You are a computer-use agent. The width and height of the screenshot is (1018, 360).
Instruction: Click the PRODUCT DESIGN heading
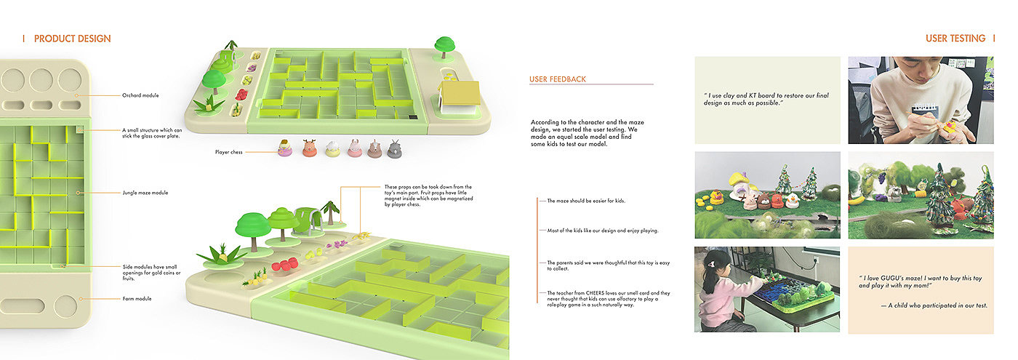point(72,39)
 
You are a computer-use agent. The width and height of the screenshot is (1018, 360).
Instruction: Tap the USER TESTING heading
point(955,39)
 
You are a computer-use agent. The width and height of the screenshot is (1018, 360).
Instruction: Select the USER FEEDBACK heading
point(558,79)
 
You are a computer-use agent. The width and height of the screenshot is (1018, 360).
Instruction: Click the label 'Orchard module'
point(140,95)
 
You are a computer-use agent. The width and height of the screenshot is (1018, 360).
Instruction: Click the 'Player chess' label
point(229,152)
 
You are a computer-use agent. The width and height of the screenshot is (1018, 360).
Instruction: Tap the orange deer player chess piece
point(309,148)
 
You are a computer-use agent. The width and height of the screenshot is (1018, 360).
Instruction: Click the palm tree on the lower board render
point(331,209)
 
